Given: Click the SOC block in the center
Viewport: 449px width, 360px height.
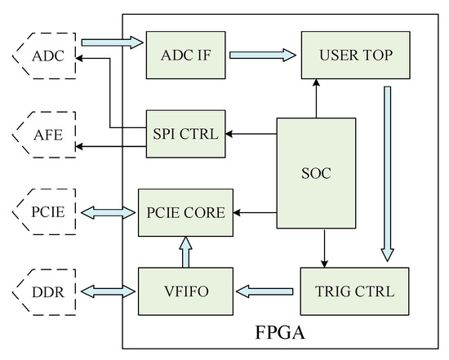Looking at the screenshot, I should click(x=316, y=173).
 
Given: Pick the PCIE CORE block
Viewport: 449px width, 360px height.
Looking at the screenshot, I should click(x=184, y=212).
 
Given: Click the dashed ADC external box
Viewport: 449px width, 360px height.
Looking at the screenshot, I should click(x=44, y=56).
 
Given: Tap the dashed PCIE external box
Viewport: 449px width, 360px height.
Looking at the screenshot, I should click(x=44, y=212).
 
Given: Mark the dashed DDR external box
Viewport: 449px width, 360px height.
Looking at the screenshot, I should click(x=44, y=290).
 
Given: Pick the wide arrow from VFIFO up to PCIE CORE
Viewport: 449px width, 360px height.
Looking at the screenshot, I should click(x=185, y=251).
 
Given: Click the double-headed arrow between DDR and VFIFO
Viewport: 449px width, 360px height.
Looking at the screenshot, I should click(x=106, y=290).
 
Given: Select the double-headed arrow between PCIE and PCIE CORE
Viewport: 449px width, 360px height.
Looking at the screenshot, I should click(x=106, y=212).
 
